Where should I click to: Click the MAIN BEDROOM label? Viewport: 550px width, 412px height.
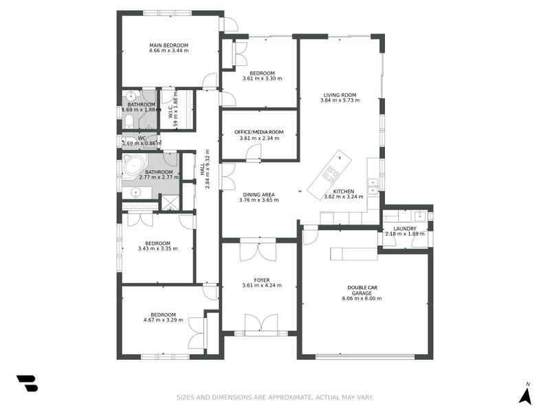(x=168, y=45)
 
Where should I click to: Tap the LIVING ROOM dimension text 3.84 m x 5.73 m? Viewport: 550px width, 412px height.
(x=340, y=101)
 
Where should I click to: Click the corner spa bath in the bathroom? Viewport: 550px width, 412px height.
(x=133, y=166)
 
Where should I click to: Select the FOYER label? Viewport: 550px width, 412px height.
(x=261, y=279)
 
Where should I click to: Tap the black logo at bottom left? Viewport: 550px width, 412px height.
(x=27, y=384)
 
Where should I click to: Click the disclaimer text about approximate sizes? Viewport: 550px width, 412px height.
(x=275, y=397)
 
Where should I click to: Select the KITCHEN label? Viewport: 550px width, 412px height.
(x=343, y=191)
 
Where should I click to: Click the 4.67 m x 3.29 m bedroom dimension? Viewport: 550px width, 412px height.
(x=164, y=320)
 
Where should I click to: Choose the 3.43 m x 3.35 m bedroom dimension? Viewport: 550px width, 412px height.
(x=157, y=249)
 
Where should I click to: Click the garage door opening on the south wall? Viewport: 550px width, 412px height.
(x=364, y=356)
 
